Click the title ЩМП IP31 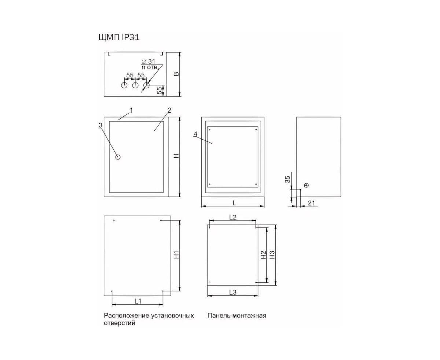point(119,37)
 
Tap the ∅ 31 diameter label point(148,62)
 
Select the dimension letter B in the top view point(176,74)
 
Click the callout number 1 point(131,110)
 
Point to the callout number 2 point(170,110)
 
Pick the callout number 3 point(100,125)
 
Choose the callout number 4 point(195,134)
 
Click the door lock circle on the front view point(118,157)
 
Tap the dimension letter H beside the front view point(176,156)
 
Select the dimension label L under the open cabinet point(234,203)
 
